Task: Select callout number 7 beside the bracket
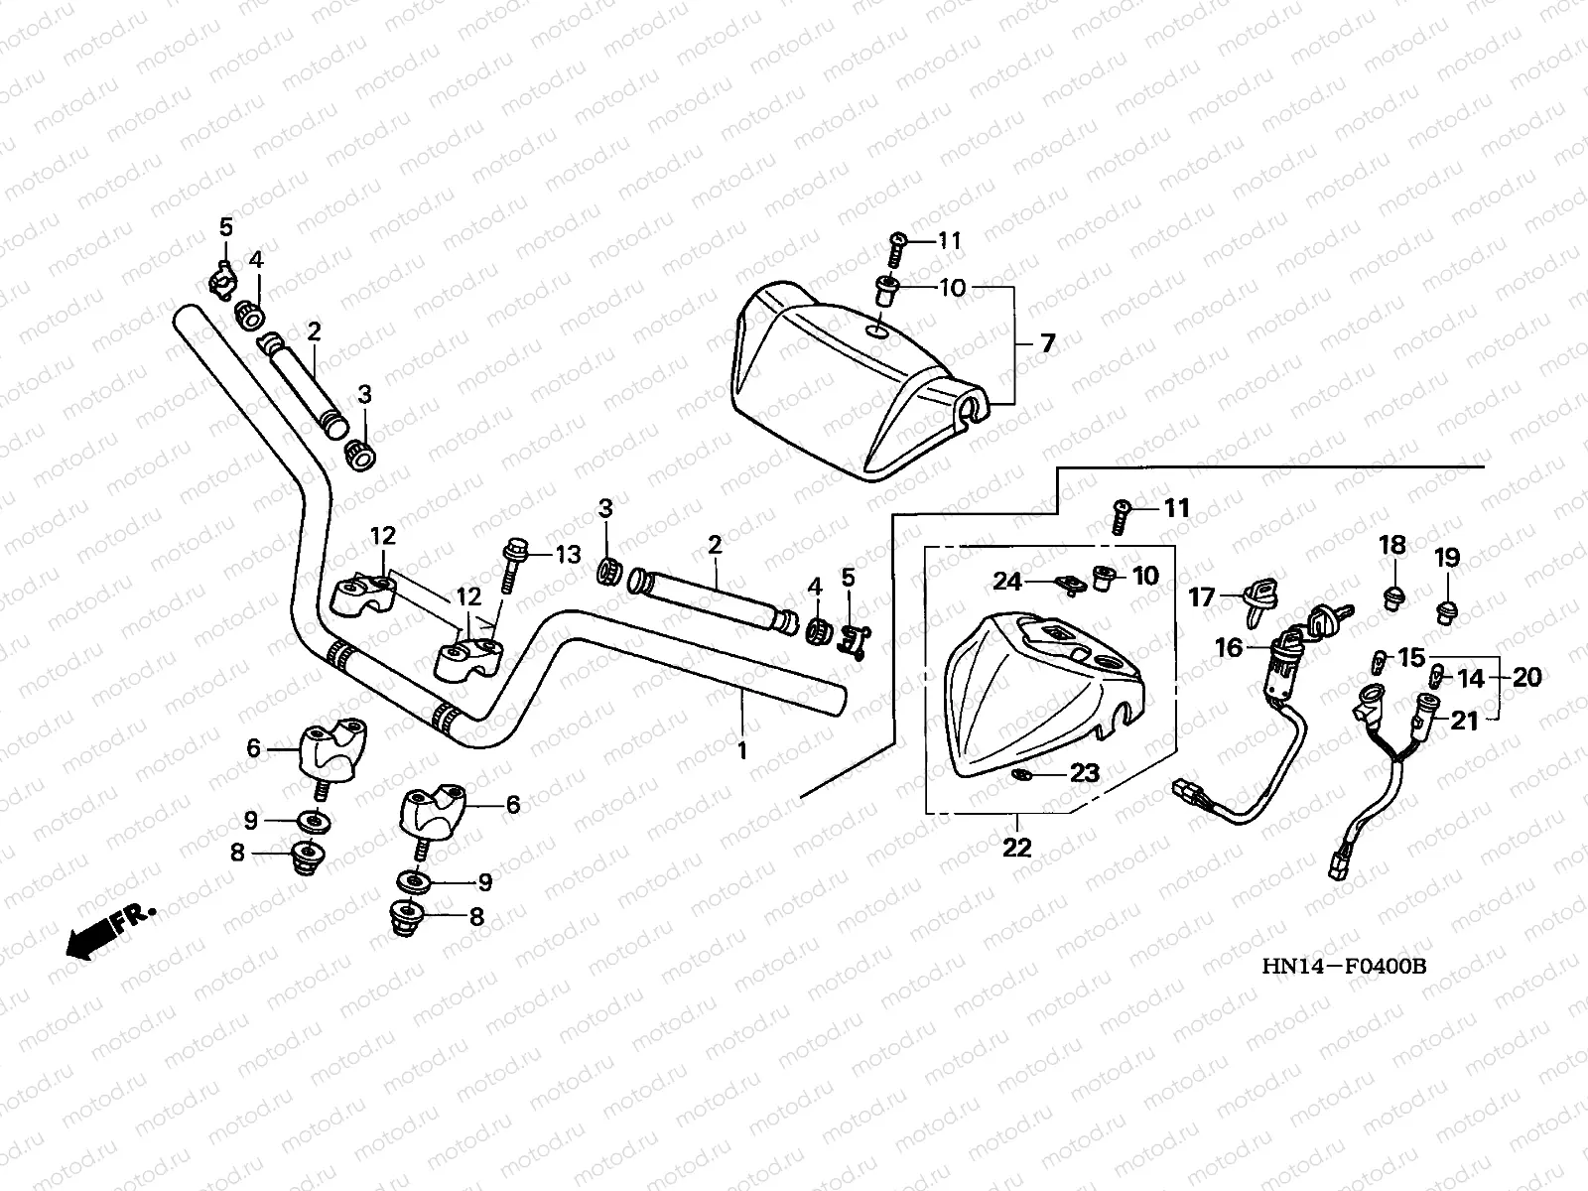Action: (1047, 343)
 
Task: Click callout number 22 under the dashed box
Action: (1017, 847)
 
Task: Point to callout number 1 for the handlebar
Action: (741, 751)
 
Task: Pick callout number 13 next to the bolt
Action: (567, 554)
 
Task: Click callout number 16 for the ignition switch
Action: (1229, 648)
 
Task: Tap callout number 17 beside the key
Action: (1202, 597)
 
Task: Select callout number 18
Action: (1393, 544)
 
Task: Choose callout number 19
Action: (1447, 558)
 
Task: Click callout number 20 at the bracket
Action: (1527, 677)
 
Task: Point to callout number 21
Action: (1464, 721)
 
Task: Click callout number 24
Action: (1007, 581)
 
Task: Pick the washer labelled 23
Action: (1021, 773)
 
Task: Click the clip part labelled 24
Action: (1068, 587)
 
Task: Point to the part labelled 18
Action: (1393, 597)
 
